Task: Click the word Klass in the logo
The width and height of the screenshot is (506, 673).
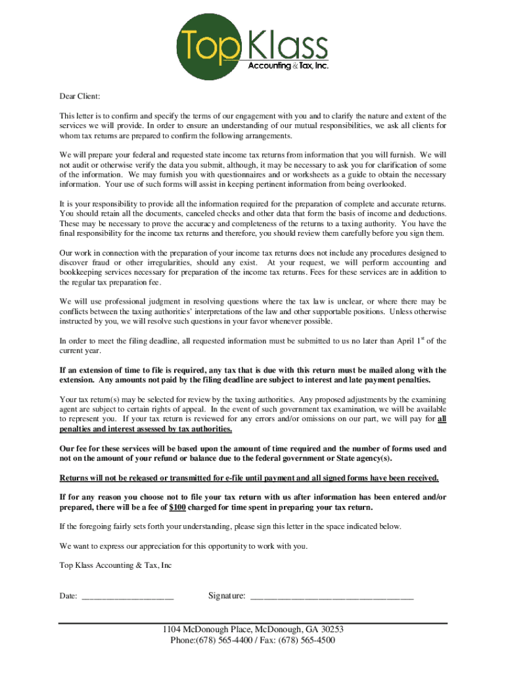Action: [x=288, y=47]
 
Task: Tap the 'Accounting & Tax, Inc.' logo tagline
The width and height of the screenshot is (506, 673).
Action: [x=288, y=66]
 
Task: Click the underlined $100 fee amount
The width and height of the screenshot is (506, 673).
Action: [x=177, y=507]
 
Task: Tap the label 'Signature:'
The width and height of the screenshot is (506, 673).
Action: [x=227, y=596]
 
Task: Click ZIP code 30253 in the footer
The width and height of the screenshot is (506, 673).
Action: [x=331, y=629]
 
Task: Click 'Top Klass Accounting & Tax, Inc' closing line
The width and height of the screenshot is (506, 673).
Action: [x=116, y=565]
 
